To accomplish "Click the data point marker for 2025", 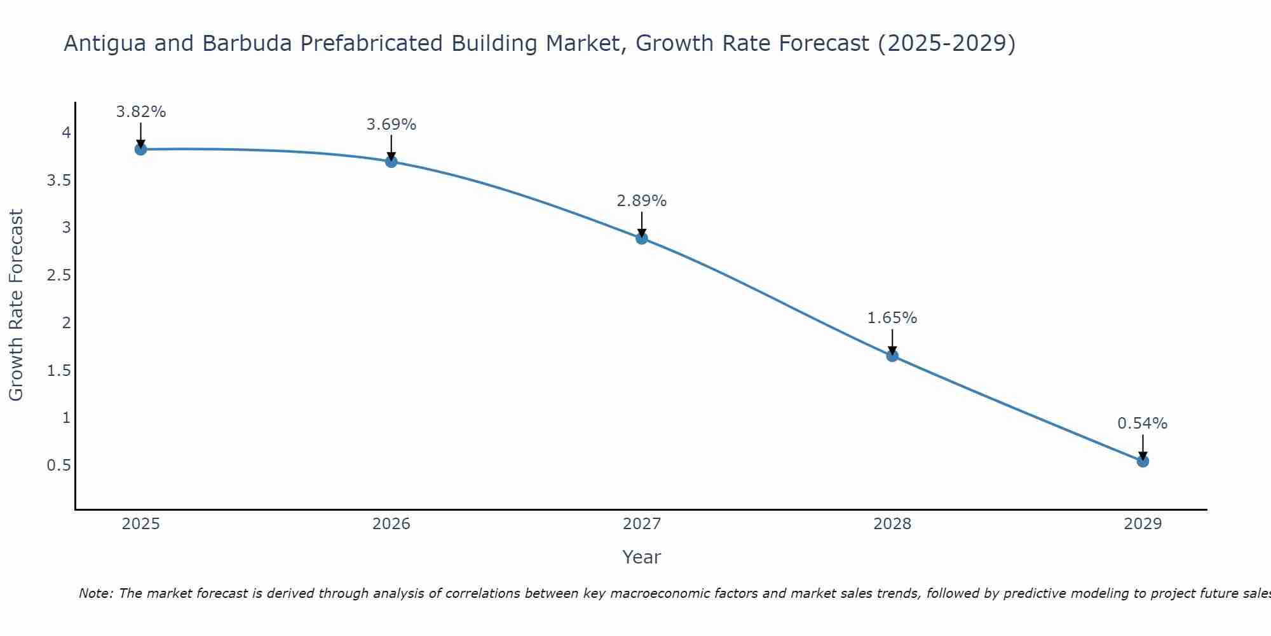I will point(140,149).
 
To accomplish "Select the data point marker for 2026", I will point(391,162).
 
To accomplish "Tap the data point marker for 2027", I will point(642,238).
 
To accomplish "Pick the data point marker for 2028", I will point(892,356).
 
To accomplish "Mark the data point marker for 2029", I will point(1143,461).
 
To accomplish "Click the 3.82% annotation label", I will point(140,112).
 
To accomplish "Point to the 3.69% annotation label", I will point(391,125).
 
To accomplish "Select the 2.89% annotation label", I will point(642,201).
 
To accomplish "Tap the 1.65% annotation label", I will point(892,318).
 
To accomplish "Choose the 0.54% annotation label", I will point(1143,424).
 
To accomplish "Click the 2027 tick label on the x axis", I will point(642,524).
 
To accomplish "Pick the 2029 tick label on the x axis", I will point(1143,524).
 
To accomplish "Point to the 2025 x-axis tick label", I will point(140,524).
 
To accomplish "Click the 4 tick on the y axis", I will point(66,133).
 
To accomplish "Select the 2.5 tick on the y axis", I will point(58,275).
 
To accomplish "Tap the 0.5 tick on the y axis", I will point(58,466).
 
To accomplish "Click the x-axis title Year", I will point(642,557).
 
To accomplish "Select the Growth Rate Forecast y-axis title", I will point(17,305).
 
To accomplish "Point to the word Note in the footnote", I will point(95,593).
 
